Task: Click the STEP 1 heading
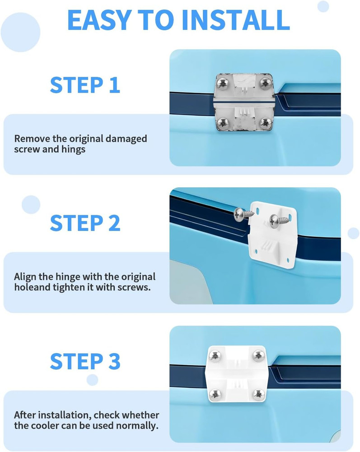click(x=85, y=85)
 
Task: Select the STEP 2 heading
click(x=85, y=223)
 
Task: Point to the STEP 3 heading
click(x=85, y=362)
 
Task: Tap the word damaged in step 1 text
click(x=124, y=139)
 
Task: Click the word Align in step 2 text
click(x=25, y=277)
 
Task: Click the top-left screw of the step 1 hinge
click(x=222, y=83)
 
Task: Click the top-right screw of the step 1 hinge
click(x=265, y=83)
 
